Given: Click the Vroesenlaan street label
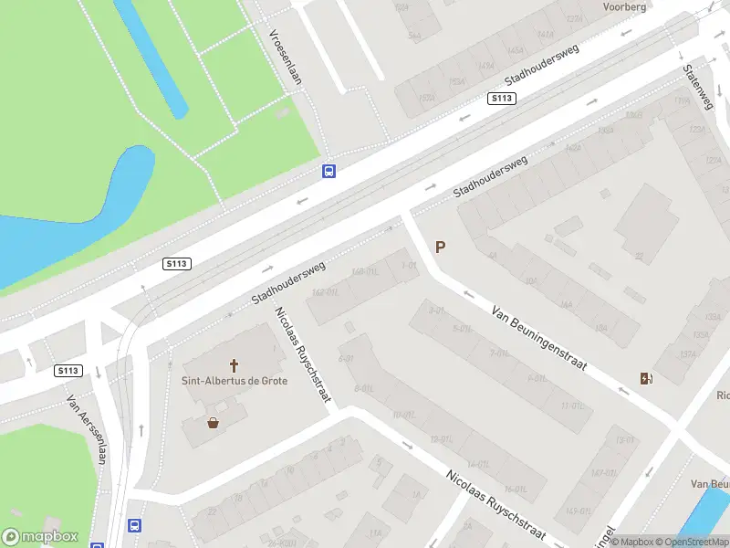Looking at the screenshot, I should pos(285,57).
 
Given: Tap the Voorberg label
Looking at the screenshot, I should pos(624,6).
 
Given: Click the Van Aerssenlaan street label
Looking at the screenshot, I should pos(87,428).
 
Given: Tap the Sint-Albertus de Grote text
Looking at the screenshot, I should pos(234,380).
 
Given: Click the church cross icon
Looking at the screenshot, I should pos(234,364).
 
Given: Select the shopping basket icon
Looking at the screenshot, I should pos(214,422).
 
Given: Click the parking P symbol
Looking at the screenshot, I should pos(441,247).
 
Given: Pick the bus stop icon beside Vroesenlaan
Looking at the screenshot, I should pos(328,171).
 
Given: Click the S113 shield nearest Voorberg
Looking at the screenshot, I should pos(501,99).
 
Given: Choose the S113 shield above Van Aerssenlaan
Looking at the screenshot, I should pos(68,371).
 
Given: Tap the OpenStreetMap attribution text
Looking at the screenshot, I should pos(684,542).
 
